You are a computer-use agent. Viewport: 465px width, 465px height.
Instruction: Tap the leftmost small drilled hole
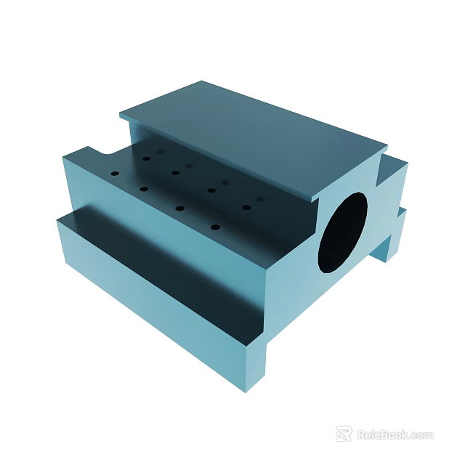coord(115,174)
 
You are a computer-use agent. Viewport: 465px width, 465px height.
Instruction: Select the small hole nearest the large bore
coord(247,207)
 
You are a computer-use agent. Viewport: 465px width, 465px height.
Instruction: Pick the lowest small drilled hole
coord(214,227)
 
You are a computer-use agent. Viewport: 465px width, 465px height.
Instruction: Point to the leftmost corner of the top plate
coord(121,114)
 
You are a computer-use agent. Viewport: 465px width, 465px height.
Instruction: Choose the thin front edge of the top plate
coord(218,160)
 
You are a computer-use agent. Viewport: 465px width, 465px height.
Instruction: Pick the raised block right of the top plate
coord(392,174)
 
